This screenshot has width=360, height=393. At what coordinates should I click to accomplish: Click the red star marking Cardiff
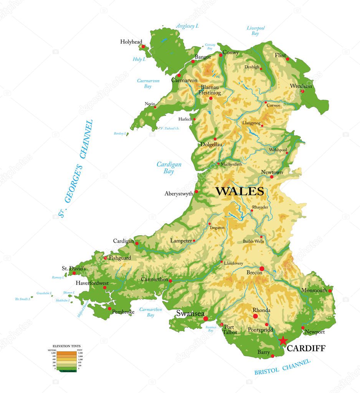click(283, 340)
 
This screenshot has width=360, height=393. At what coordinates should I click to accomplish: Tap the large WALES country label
click(239, 191)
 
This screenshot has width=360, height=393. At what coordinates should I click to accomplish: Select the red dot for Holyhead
click(143, 46)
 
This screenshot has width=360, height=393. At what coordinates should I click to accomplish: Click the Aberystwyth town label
click(178, 194)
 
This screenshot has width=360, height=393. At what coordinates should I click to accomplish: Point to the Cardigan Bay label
click(169, 168)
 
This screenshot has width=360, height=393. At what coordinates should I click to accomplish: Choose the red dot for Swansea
click(206, 319)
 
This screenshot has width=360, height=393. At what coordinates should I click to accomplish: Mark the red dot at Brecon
click(262, 268)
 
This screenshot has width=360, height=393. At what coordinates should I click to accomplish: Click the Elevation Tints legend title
click(66, 346)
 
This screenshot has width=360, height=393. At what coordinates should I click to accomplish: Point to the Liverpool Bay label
click(256, 31)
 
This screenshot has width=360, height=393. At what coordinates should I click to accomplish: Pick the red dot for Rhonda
click(255, 316)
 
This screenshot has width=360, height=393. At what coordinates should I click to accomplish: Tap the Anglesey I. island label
click(187, 26)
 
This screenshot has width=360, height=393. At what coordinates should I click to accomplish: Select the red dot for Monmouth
click(330, 291)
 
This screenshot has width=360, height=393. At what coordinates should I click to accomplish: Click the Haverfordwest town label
click(92, 283)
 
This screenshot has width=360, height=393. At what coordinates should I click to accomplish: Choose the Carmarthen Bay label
click(150, 312)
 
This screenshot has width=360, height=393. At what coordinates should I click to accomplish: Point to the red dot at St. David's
click(74, 273)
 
